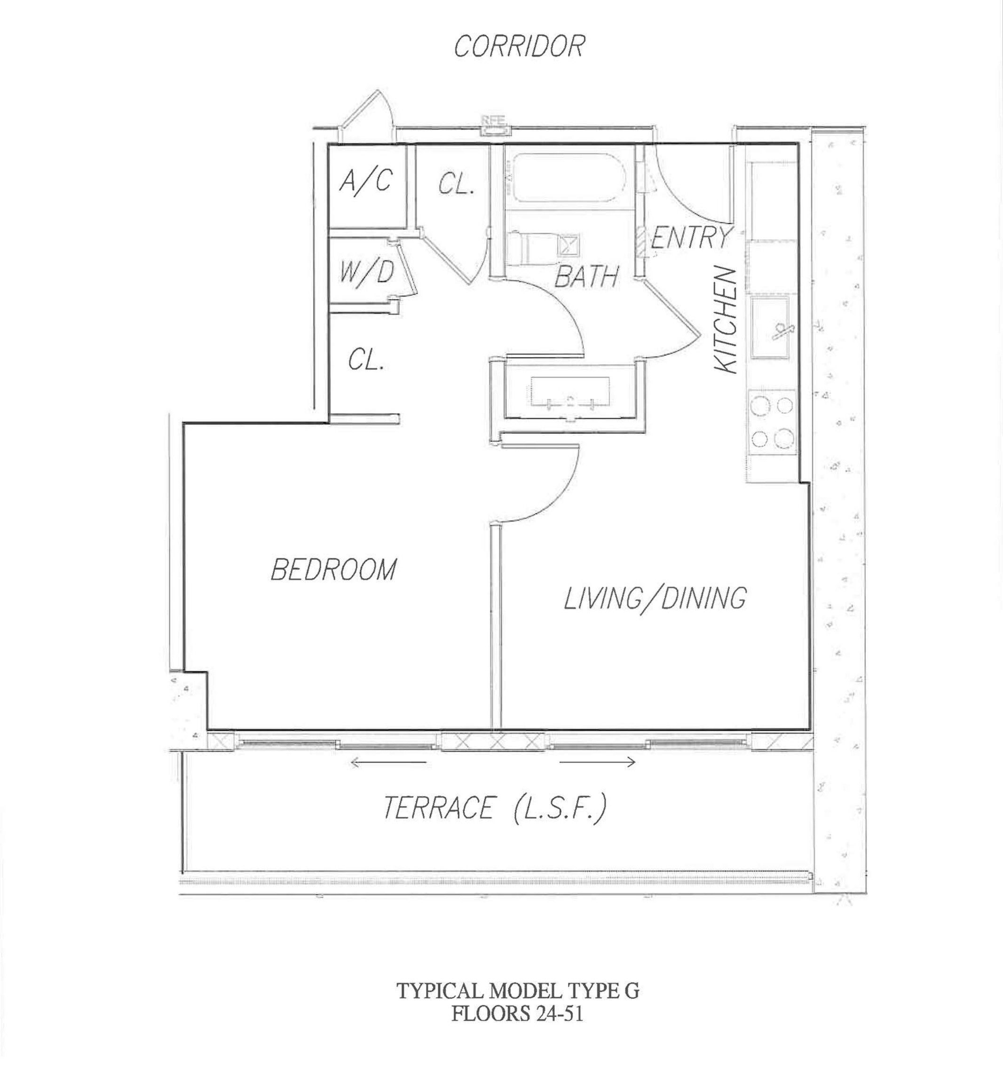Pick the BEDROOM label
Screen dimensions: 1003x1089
click(x=333, y=569)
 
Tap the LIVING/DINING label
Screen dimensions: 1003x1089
click(x=655, y=599)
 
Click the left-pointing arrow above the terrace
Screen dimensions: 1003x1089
click(x=388, y=763)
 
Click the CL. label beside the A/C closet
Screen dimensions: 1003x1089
click(x=457, y=184)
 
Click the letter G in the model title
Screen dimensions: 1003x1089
click(x=632, y=991)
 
